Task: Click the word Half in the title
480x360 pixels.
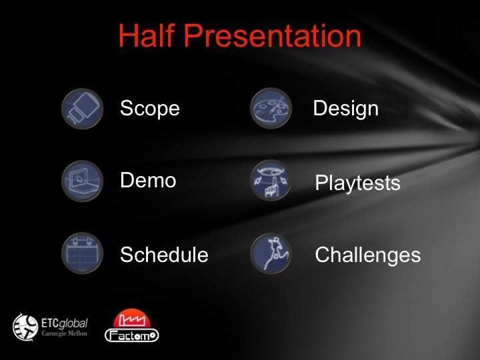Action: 146,35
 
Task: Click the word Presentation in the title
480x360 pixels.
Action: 273,35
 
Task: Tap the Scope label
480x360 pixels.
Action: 150,109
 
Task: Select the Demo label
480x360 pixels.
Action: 148,180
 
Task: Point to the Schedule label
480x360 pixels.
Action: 164,255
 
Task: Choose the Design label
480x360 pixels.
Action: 345,109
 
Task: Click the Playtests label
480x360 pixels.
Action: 357,183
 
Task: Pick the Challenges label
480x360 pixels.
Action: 367,255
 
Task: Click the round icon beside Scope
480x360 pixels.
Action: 82,109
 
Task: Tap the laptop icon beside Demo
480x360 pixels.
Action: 82,181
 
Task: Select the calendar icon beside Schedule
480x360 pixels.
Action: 82,253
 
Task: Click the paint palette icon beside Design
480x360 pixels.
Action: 271,108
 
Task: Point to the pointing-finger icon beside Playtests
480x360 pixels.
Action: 271,180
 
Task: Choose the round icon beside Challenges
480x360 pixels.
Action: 271,253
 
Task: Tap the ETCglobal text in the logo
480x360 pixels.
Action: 64,323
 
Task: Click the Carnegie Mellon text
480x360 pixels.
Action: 64,333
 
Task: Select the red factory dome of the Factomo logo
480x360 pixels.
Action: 131,318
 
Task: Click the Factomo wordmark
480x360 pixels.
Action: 131,335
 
